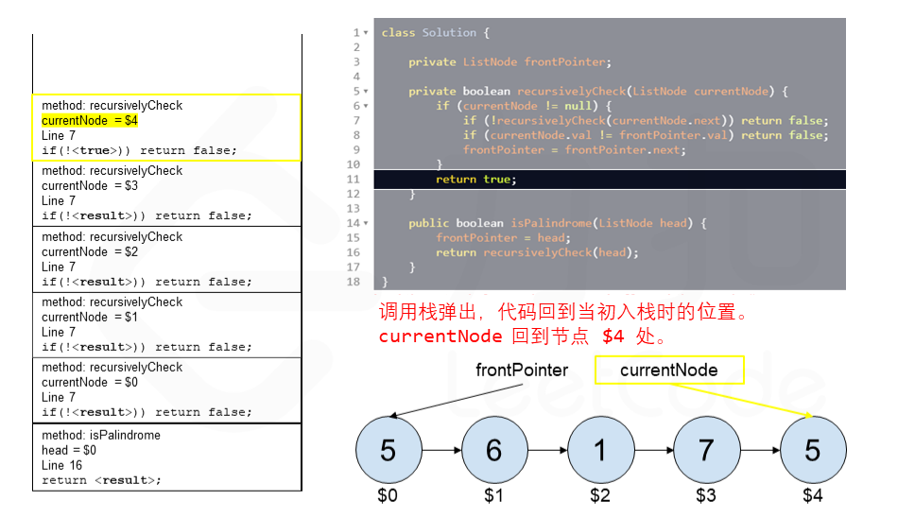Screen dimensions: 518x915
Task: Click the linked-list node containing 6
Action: (x=493, y=450)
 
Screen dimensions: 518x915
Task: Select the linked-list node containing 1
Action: (x=600, y=450)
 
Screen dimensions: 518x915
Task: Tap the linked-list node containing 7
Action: (x=706, y=450)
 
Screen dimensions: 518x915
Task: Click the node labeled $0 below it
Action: (x=388, y=450)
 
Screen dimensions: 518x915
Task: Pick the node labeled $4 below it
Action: (x=813, y=450)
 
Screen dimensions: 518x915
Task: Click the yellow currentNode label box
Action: (x=669, y=371)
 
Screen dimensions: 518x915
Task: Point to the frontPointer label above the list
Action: (x=522, y=371)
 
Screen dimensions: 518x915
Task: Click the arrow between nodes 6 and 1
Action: (x=546, y=451)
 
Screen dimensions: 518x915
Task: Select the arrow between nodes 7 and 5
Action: (x=759, y=451)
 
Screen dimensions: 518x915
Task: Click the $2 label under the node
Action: (x=600, y=495)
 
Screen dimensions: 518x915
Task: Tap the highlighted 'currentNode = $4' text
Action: (x=90, y=121)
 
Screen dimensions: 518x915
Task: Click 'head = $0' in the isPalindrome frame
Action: (x=69, y=450)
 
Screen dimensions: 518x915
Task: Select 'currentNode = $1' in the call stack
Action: (x=90, y=317)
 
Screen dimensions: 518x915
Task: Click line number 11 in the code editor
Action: (x=354, y=180)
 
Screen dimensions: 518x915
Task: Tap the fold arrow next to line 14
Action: (x=365, y=223)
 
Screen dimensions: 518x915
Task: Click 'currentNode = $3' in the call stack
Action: (x=90, y=186)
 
